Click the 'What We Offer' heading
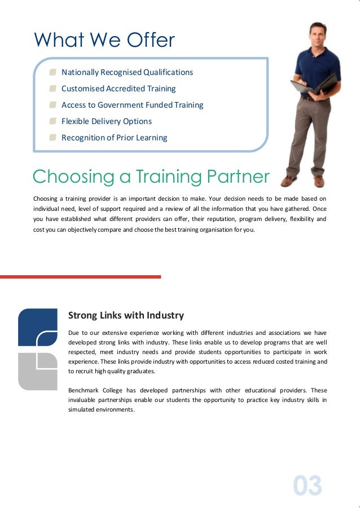[x=104, y=40]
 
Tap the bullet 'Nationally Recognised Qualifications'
[x=127, y=72]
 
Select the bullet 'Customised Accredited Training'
[x=118, y=89]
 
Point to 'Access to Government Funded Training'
[x=132, y=105]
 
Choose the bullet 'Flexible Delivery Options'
[x=106, y=121]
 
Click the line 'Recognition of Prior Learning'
[x=114, y=138]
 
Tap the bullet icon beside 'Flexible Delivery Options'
[x=52, y=121]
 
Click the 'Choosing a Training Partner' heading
[x=151, y=176]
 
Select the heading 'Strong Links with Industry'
[x=126, y=315]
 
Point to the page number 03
[x=308, y=485]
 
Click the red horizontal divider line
[x=80, y=277]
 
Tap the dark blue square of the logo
[x=37, y=327]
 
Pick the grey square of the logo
[x=37, y=371]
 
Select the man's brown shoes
[x=304, y=180]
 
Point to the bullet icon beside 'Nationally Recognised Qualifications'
[x=52, y=72]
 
